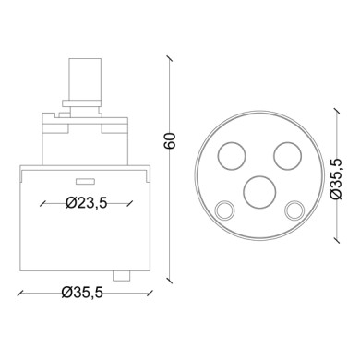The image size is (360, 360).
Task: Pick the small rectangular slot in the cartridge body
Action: click(x=85, y=180)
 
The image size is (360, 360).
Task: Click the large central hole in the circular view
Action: click(x=258, y=193)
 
